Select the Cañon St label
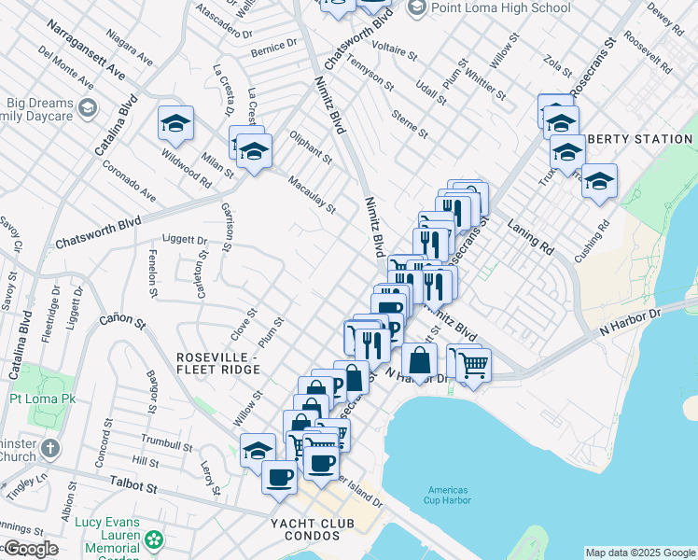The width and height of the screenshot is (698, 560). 123,324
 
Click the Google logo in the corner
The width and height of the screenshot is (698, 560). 30,549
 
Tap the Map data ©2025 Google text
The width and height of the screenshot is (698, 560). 639,553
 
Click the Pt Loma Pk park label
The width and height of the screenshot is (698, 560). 42,399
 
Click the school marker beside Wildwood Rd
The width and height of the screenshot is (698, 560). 175,124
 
